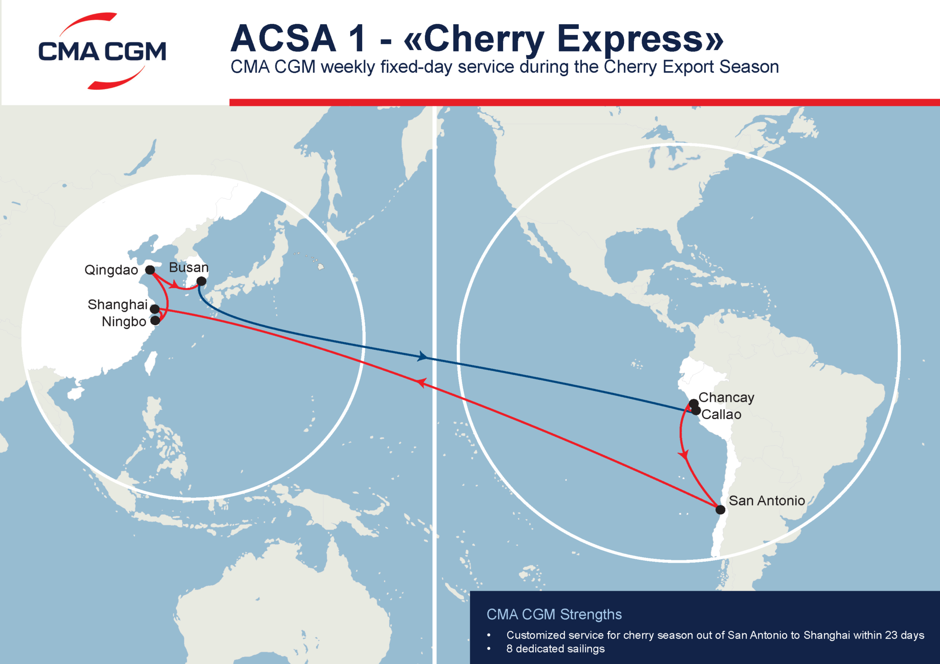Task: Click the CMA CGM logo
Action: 102,51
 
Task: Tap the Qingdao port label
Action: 111,270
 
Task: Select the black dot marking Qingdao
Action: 150,270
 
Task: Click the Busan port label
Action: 189,268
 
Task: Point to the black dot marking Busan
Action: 201,281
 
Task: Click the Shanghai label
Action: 117,305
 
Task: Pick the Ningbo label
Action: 124,322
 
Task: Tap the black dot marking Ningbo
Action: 155,320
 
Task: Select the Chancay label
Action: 726,398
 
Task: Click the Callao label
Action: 721,415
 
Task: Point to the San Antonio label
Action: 767,501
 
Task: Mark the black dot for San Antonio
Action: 721,510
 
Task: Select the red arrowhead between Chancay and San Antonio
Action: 684,455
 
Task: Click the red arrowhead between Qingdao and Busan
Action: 174,286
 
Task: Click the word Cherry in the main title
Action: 484,39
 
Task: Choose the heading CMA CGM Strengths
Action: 554,614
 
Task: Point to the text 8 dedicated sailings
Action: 555,649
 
